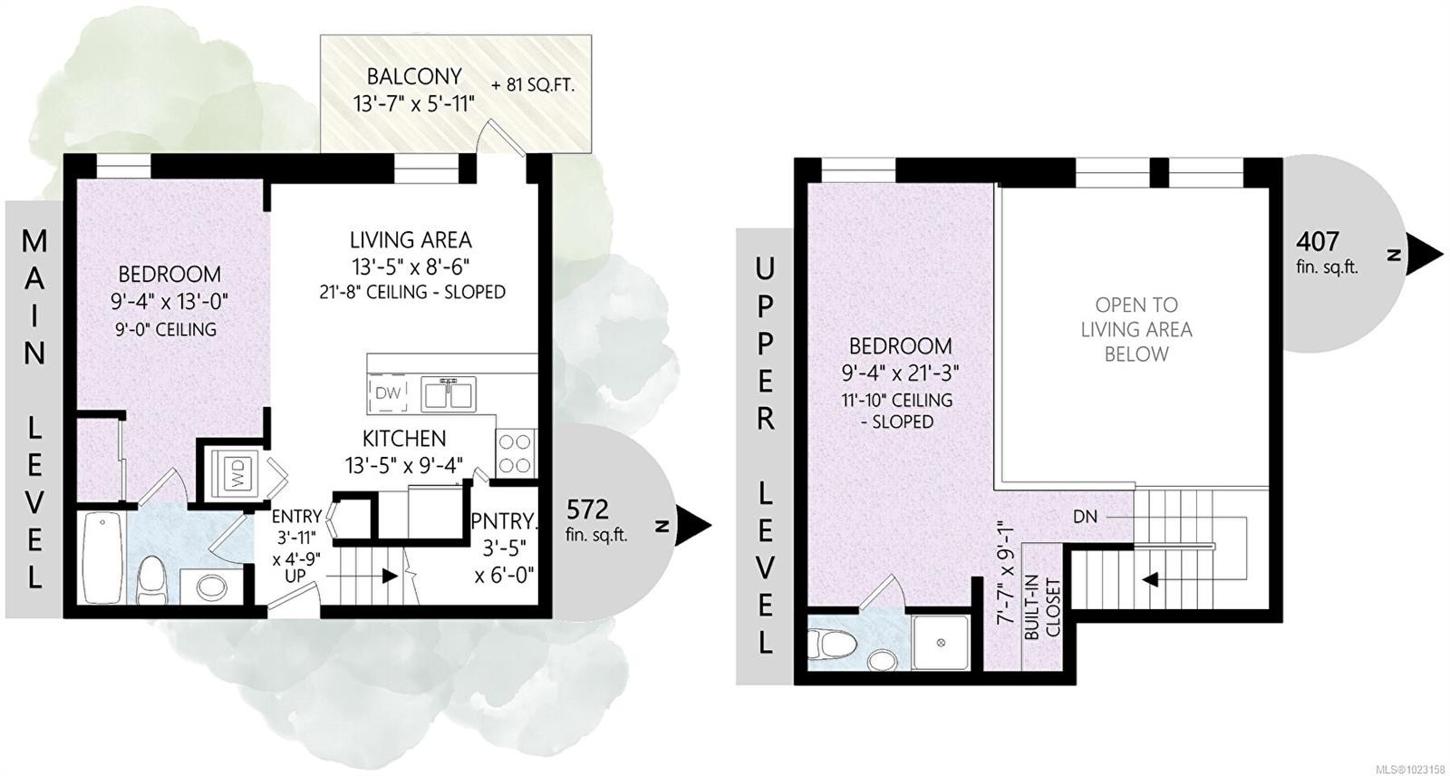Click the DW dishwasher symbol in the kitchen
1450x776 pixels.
388,393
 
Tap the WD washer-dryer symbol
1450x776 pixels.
237,475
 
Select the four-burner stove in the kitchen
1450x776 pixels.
516,453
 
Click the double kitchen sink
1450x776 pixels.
448,393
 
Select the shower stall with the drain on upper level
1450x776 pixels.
941,642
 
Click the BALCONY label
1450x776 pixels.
414,76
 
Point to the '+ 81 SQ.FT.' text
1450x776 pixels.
533,85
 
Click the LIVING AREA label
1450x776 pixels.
411,240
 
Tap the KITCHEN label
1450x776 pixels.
404,439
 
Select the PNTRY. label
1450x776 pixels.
504,520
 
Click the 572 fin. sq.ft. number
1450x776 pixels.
588,509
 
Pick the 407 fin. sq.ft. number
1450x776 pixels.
1317,242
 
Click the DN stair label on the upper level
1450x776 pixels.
1085,517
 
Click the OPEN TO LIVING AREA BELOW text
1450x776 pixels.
1136,330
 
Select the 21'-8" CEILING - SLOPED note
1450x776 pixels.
412,292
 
